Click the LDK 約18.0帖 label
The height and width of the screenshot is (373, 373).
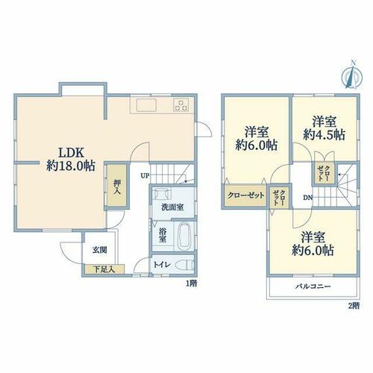click(71, 159)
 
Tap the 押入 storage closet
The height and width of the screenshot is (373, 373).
click(117, 185)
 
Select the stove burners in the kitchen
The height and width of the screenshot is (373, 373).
click(181, 104)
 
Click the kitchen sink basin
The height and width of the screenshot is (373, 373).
click(146, 105)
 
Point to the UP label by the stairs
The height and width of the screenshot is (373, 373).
click(145, 176)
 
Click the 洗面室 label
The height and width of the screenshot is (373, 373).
click(172, 207)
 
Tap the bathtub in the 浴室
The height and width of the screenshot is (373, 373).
click(184, 236)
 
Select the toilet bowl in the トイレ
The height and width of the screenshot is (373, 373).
click(184, 265)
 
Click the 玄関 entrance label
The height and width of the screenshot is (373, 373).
click(100, 250)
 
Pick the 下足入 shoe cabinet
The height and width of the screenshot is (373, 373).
click(104, 269)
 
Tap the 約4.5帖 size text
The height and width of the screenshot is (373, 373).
click(324, 135)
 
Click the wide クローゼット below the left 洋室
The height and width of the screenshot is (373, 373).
click(245, 195)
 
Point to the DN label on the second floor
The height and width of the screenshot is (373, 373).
click(307, 198)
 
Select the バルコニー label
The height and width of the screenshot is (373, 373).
click(313, 286)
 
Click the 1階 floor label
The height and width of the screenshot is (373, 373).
click(192, 283)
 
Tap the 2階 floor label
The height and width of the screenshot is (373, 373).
click(354, 306)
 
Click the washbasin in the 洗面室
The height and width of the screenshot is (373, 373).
click(162, 193)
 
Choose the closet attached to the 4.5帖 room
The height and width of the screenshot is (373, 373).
click(325, 173)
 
